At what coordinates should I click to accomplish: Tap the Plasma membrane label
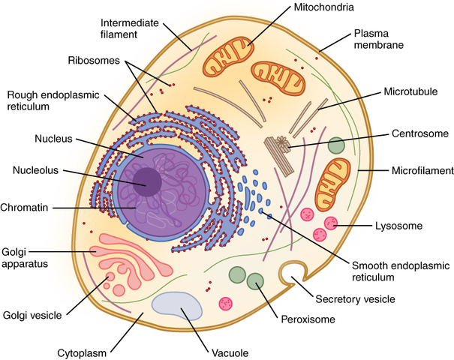tap(379, 39)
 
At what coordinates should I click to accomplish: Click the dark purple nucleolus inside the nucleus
tap(146, 181)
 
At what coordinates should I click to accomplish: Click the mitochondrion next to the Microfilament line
tap(331, 184)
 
